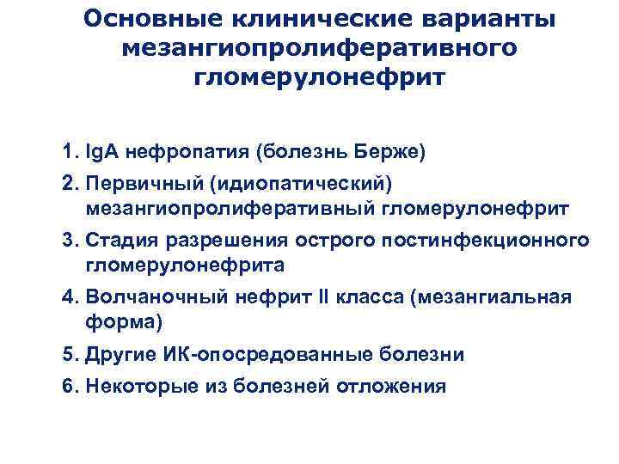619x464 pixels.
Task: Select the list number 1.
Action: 68,153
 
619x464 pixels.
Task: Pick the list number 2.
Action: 68,184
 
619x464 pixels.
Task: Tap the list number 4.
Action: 68,297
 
